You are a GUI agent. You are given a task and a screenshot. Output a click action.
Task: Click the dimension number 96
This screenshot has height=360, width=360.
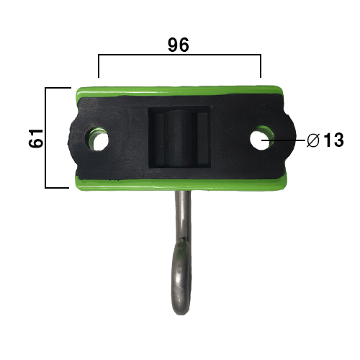coord(179,45)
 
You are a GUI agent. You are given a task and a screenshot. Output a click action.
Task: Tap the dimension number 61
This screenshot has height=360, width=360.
coord(36,138)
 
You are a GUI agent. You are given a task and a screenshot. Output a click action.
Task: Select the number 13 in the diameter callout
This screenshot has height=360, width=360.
coord(333,140)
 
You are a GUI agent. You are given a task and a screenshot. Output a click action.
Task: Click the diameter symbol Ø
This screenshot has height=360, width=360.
coord(313,140)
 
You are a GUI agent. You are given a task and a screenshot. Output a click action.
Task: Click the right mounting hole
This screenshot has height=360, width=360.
coord(261,138)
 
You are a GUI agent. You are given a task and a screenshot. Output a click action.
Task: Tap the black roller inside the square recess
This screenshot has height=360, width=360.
coord(180,138)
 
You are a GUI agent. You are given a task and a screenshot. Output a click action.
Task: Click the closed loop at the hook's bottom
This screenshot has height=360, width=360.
coord(181,276)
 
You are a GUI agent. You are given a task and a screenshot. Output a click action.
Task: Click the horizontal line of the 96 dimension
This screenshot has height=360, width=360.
coord(179,55)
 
